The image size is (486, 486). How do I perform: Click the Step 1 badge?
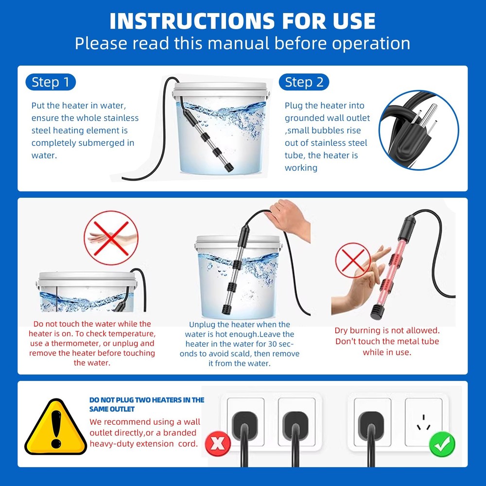(x=51, y=82)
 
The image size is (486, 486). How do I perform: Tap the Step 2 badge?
(x=304, y=82)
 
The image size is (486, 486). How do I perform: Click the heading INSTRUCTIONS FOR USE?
(x=243, y=21)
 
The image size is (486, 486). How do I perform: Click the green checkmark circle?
(x=442, y=444)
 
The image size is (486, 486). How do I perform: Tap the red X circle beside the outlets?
(x=217, y=444)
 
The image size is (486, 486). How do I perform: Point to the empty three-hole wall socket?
(x=423, y=422)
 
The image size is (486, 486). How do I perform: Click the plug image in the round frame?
(x=418, y=130)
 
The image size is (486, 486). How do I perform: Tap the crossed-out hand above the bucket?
(x=107, y=240)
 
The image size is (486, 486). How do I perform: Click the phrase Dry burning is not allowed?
(x=387, y=330)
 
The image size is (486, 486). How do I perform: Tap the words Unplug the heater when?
(x=239, y=324)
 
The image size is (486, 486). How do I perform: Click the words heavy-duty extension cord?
(x=143, y=443)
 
